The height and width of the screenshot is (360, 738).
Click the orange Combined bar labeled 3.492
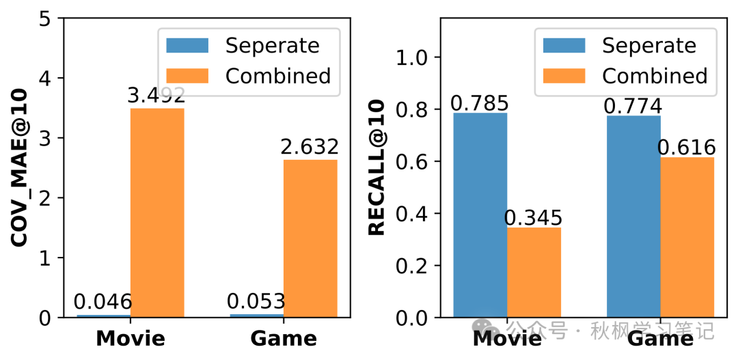(157, 212)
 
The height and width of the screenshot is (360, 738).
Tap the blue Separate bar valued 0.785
(480, 214)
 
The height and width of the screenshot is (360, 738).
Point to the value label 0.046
(103, 302)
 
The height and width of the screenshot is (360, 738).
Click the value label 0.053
(256, 302)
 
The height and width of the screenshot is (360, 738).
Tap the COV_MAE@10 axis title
(20, 167)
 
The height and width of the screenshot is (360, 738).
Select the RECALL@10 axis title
(377, 167)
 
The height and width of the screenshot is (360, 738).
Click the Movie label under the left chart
(131, 338)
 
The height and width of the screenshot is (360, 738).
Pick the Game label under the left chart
(284, 338)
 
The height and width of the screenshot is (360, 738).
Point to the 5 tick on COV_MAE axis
(45, 19)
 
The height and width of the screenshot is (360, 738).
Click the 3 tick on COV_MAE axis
(45, 139)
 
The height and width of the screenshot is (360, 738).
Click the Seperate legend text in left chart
(272, 46)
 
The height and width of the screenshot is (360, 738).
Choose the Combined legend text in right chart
(655, 75)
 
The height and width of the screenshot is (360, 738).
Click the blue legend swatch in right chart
(564, 46)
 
